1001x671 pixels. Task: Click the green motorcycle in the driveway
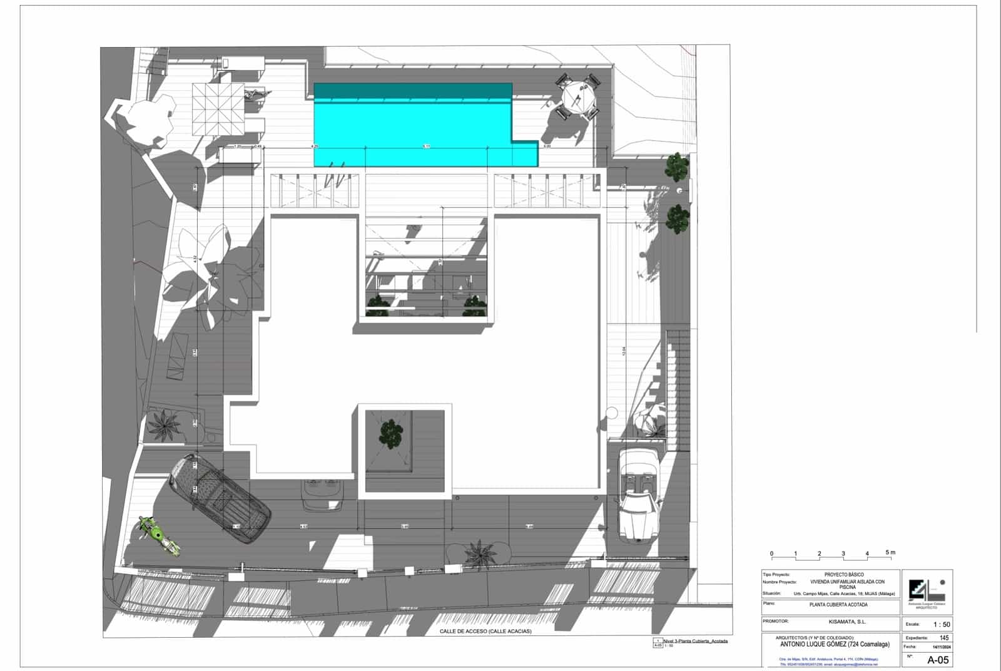coord(158,536)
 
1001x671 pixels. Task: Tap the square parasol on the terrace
coord(217,108)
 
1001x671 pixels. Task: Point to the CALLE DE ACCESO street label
coord(485,632)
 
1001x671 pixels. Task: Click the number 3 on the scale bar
coord(843,553)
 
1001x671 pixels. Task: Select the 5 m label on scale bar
coord(890,553)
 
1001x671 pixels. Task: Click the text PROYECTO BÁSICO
coord(843,575)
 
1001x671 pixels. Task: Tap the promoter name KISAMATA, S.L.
coord(847,622)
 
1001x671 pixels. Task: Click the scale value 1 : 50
coord(941,625)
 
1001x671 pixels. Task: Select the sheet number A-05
coord(937,660)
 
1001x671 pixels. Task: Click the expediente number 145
coord(943,638)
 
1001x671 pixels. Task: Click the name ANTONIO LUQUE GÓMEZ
coord(835,644)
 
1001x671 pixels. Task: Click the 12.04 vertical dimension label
coord(623,352)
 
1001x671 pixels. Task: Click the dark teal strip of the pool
coord(413,91)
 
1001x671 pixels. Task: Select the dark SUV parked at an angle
coord(220,498)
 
